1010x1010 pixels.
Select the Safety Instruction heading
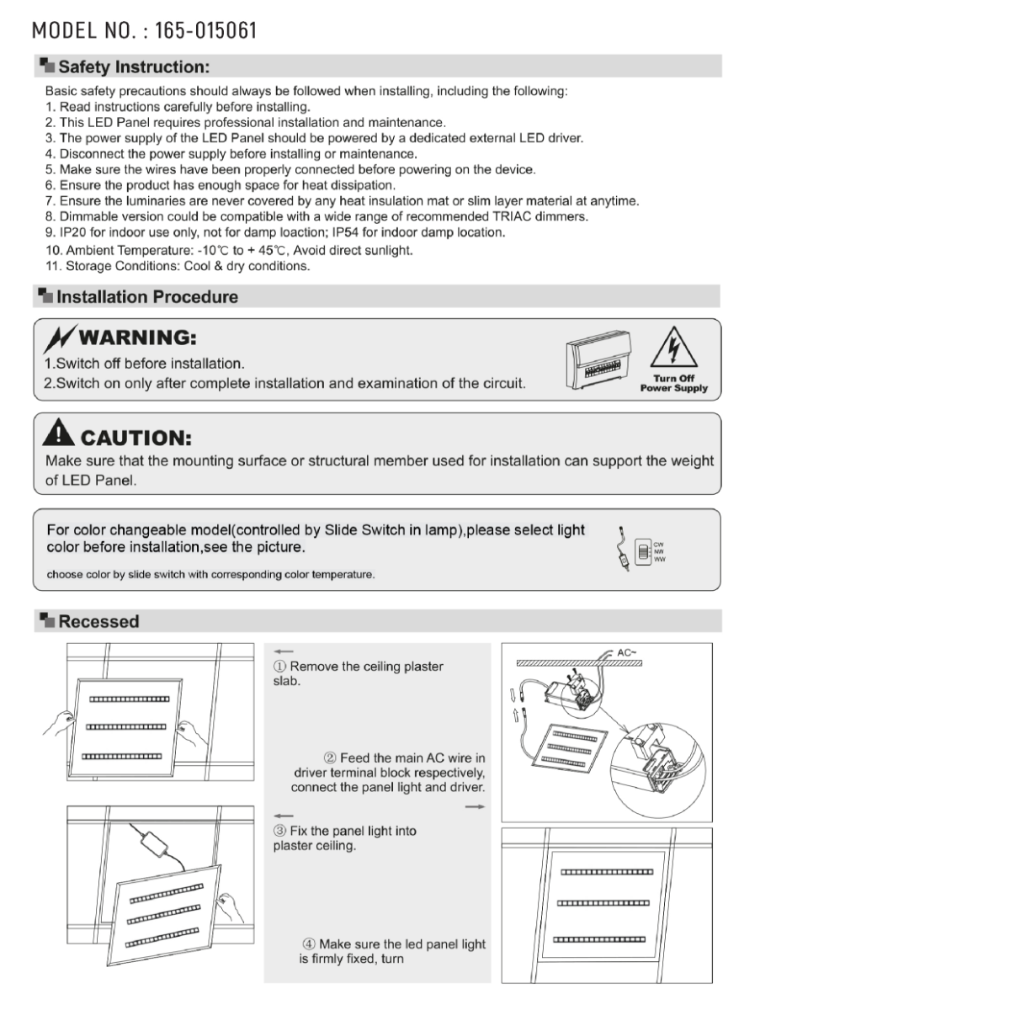(134, 67)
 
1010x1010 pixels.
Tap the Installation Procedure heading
(147, 297)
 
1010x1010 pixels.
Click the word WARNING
(137, 338)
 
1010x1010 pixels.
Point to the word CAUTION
(136, 438)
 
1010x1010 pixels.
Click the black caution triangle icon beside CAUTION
(59, 433)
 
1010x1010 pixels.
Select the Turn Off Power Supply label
(673, 384)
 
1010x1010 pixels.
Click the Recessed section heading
(98, 622)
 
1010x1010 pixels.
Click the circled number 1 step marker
(280, 667)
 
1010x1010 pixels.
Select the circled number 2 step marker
(331, 758)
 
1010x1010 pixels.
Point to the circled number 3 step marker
(280, 832)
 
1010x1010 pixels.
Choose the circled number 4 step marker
(310, 944)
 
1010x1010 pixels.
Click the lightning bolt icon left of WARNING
(61, 338)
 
